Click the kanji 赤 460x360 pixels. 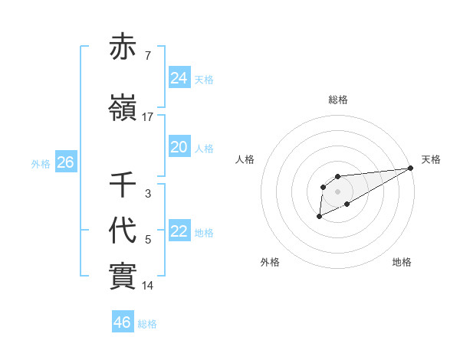point(123,48)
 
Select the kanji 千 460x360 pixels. point(123,185)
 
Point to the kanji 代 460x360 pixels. point(123,231)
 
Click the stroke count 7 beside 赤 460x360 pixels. point(147,57)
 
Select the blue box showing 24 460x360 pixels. point(179,78)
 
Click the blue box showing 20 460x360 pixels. point(179,148)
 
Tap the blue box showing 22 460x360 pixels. point(179,232)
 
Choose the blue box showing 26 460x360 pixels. point(65,162)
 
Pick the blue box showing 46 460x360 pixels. point(122,322)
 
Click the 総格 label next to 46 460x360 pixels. point(147,324)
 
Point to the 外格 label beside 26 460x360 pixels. point(41,164)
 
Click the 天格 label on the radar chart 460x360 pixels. point(431,159)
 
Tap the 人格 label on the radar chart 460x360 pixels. point(245,159)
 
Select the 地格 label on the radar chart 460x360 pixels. point(402,262)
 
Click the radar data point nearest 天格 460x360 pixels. point(411,168)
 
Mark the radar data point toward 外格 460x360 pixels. point(319,218)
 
